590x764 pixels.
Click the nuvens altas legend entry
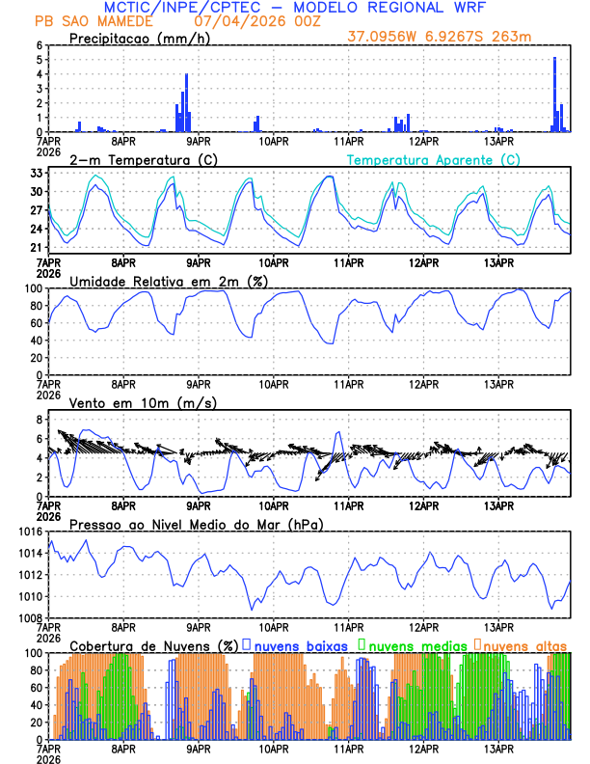pos(525,645)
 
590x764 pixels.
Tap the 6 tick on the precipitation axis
pos(40,45)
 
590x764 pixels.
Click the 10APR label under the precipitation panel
pos(274,141)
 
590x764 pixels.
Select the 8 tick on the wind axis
pos(40,420)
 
